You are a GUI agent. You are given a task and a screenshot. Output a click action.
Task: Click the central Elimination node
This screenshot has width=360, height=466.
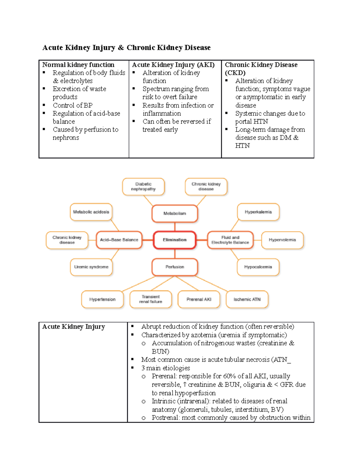[x=175, y=240]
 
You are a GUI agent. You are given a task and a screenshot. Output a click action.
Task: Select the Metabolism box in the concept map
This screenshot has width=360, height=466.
[x=175, y=213]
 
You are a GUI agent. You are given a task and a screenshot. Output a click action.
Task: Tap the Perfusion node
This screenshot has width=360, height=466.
[x=175, y=267]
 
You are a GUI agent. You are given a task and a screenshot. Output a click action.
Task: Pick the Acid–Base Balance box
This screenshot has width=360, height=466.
[x=119, y=240]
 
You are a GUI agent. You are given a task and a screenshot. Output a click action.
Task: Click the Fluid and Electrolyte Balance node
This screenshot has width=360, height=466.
[x=230, y=240]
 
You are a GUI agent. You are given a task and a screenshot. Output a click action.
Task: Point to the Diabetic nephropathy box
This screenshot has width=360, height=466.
[x=143, y=187]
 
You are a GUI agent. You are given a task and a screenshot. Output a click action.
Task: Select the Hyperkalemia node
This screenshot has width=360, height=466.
[x=258, y=212]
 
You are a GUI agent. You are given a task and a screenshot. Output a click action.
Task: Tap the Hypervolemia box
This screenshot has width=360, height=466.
[x=282, y=240]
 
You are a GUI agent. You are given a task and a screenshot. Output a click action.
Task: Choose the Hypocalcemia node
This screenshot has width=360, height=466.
[x=258, y=267]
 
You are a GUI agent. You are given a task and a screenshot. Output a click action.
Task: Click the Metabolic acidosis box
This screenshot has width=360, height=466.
[x=91, y=212]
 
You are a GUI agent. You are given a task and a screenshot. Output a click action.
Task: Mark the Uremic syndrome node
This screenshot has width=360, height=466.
[x=91, y=267]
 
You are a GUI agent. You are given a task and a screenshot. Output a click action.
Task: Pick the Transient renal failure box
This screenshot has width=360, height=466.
[x=151, y=299]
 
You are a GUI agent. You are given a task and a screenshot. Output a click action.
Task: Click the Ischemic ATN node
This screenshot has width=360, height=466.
[x=247, y=299]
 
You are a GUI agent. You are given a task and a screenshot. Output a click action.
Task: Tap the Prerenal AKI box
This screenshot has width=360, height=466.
[x=199, y=299]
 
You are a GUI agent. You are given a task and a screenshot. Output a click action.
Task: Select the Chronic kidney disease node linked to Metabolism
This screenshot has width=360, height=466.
[x=206, y=187]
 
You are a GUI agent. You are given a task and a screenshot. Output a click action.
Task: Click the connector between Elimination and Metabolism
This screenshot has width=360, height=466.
[x=175, y=227]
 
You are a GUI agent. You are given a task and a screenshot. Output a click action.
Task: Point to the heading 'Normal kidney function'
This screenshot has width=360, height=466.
[x=78, y=65]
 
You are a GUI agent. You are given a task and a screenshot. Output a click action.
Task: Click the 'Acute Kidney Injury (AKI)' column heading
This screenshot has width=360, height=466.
[x=173, y=65]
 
